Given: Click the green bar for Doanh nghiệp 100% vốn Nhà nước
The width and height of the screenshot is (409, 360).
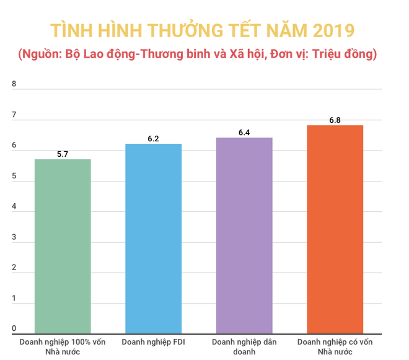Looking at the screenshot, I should click(x=63, y=247).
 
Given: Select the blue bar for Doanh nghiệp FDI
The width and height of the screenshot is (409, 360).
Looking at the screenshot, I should click(x=154, y=239).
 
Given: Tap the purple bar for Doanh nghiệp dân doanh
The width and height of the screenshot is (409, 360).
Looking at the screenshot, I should click(x=244, y=235).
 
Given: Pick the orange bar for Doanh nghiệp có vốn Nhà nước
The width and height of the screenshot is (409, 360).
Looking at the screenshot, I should click(x=335, y=229).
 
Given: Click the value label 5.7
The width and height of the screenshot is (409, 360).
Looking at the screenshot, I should click(x=63, y=153).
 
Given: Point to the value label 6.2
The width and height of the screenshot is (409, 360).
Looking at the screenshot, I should click(x=154, y=138).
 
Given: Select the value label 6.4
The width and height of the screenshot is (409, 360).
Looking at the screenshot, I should click(x=244, y=132).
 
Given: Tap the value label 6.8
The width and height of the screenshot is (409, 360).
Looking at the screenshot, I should click(x=335, y=120).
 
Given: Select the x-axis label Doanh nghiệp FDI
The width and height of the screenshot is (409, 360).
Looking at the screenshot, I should click(x=154, y=342).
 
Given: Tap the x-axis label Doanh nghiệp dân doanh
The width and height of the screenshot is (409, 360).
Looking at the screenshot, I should click(x=244, y=346).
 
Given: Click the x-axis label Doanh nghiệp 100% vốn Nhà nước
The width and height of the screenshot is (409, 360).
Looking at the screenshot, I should click(x=63, y=346).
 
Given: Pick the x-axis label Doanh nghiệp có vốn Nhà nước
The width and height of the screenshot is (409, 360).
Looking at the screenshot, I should click(x=335, y=346).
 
